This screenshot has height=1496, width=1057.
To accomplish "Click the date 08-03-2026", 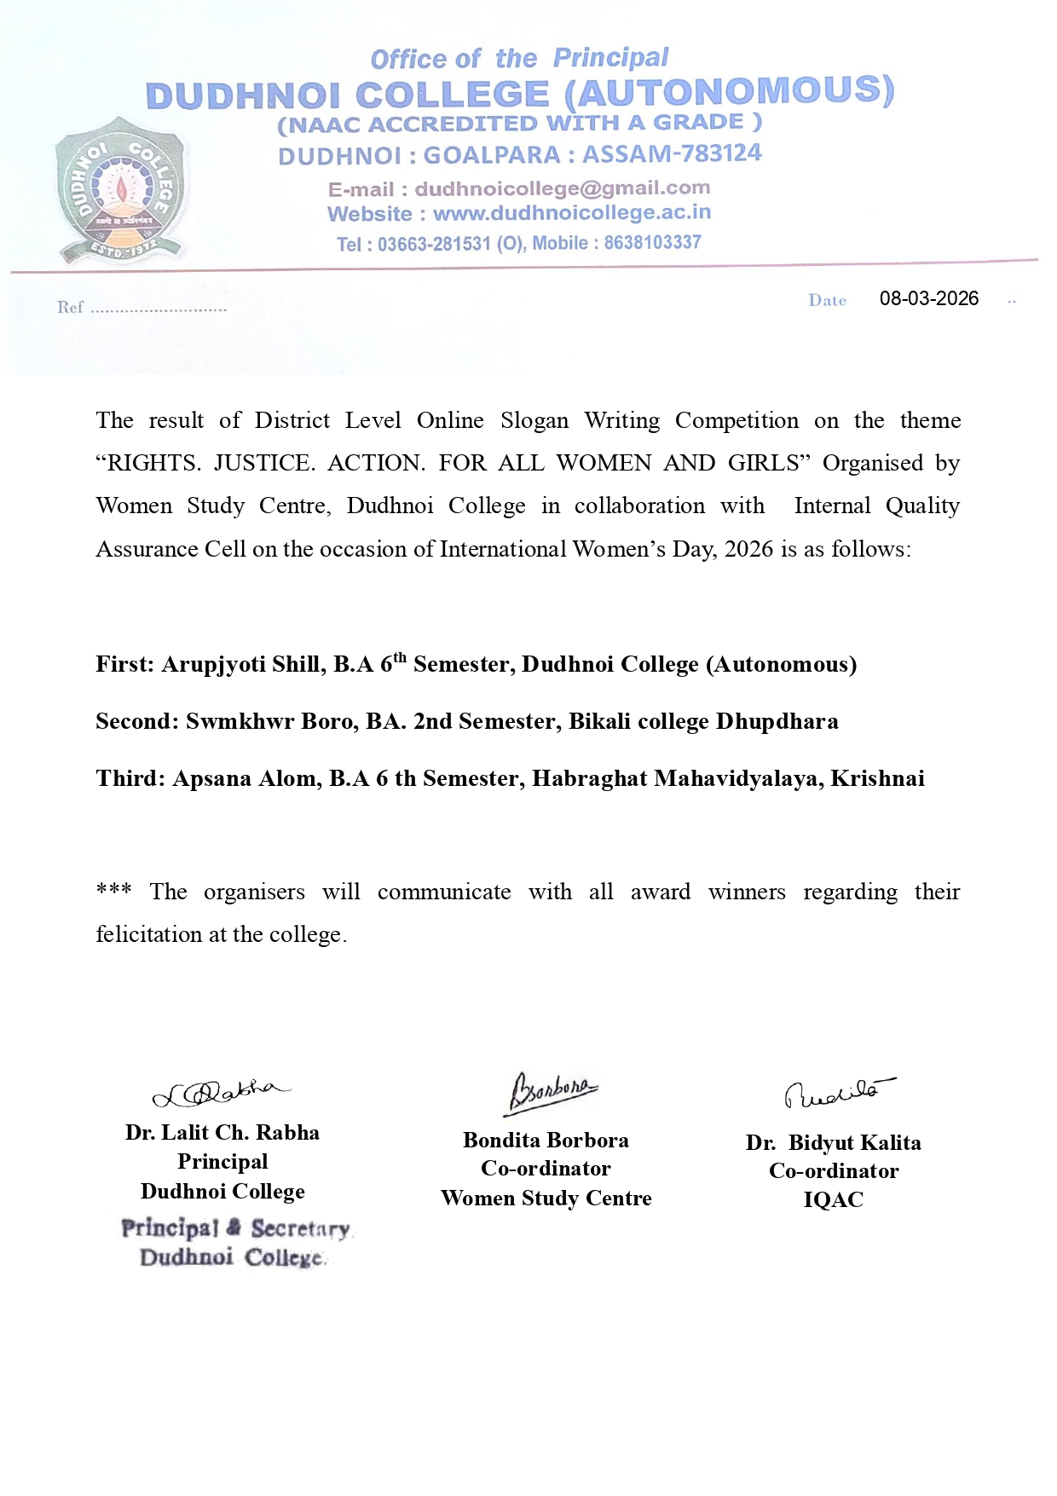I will coord(928,298).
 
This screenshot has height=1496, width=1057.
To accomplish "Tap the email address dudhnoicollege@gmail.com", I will coord(562,188).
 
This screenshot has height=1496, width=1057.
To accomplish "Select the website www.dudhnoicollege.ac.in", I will coord(571,213).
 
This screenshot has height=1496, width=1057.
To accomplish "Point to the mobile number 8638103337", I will coord(652,242).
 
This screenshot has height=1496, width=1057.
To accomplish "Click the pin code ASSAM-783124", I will coord(672,154).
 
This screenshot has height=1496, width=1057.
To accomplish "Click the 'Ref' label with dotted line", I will coord(141,308).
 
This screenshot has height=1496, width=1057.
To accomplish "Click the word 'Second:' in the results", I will coord(137,722).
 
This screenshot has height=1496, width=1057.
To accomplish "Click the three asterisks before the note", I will coord(113,891).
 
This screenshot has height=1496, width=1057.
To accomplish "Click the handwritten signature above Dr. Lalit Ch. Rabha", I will coord(221,1092).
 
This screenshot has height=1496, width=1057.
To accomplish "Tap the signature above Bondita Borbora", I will coord(552,1092).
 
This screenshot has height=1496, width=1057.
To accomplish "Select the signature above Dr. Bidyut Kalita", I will coord(838,1092).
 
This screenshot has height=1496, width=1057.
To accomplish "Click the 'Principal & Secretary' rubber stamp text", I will coord(235,1228).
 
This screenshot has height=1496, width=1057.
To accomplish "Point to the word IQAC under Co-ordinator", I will coord(833,1200).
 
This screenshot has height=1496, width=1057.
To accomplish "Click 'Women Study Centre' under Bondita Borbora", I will coord(546,1199).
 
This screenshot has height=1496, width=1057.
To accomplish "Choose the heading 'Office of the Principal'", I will coord(519,59).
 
